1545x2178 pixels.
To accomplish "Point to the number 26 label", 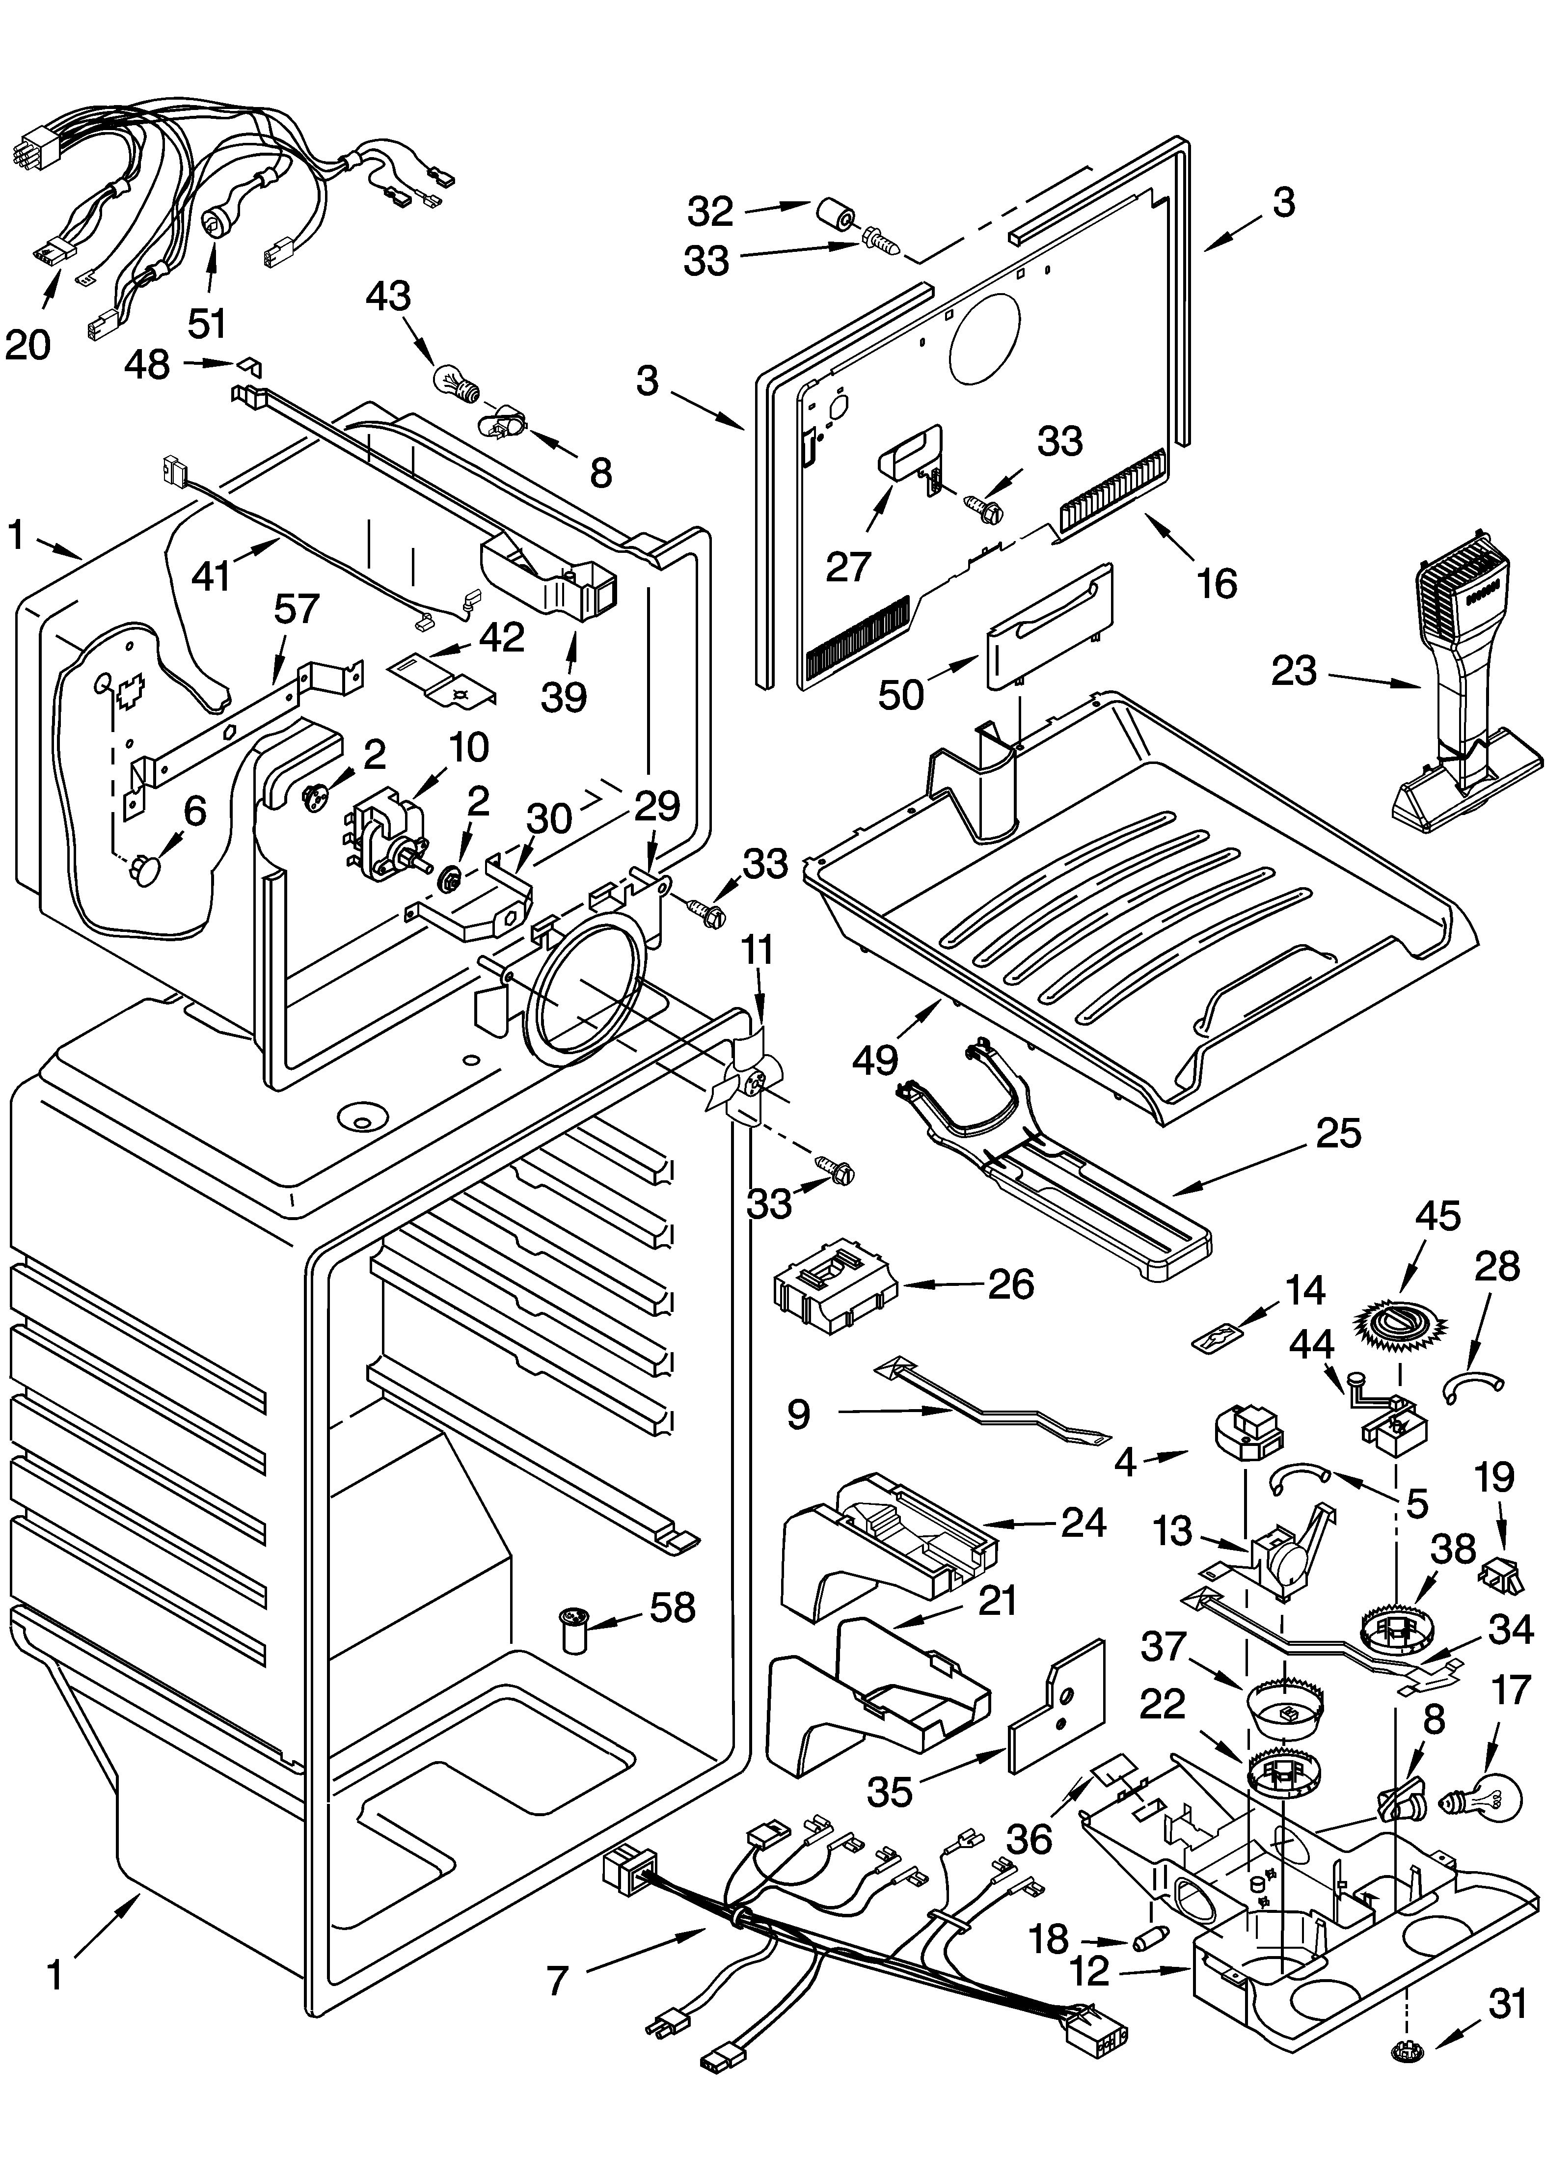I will [1010, 1283].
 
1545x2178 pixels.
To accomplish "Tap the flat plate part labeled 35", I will [1056, 1710].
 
